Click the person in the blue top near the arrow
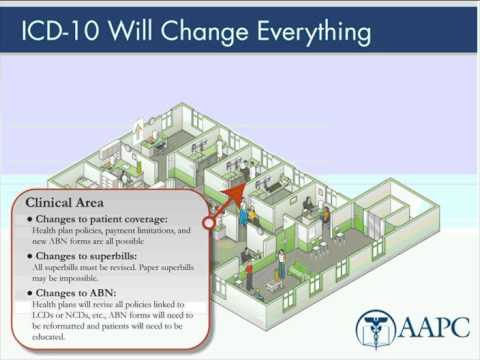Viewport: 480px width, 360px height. pyautogui.click(x=241, y=214)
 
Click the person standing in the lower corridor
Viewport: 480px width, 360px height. pyautogui.click(x=282, y=263)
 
